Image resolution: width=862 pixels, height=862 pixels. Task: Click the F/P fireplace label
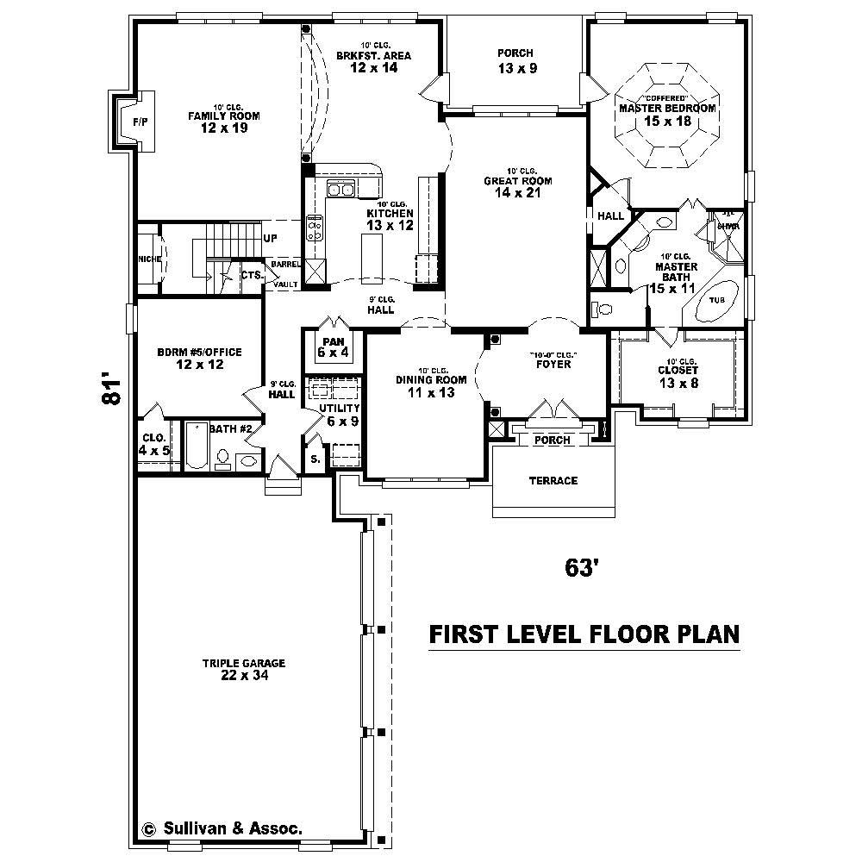tap(140, 122)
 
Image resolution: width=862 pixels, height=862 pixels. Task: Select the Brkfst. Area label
tap(374, 56)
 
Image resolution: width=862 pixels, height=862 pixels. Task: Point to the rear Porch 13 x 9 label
tap(516, 53)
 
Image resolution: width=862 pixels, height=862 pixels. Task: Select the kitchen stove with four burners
tap(315, 227)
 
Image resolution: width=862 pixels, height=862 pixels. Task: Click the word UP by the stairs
tap(270, 238)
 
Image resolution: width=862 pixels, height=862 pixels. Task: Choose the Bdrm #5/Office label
tap(199, 352)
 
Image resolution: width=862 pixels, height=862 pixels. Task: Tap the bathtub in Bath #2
tap(197, 447)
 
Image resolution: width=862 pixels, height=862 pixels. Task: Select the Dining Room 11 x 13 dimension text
tap(431, 392)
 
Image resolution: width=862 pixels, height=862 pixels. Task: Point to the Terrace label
tap(553, 480)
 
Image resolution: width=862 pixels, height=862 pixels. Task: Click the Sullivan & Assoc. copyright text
tap(222, 828)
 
